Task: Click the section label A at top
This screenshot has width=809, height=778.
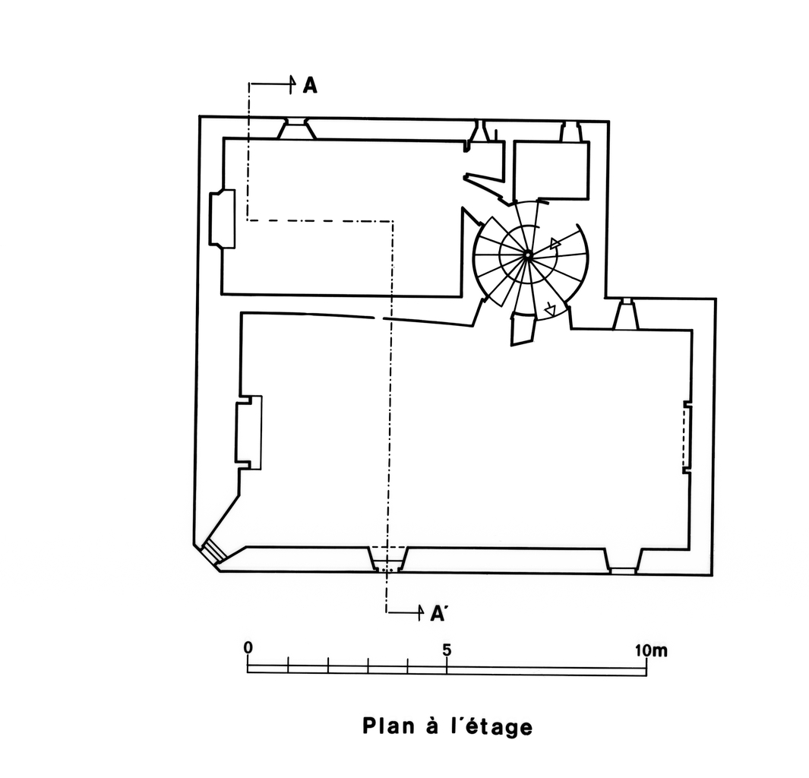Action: (x=310, y=86)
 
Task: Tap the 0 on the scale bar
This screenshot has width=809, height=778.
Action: (x=248, y=647)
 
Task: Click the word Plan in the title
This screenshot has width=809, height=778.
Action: (x=388, y=726)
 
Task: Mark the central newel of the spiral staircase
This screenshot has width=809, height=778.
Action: (x=526, y=254)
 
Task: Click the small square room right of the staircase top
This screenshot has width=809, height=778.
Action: (x=550, y=169)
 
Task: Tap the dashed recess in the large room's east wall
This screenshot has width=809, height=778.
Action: (x=687, y=437)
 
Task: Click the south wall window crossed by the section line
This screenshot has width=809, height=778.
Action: (x=387, y=561)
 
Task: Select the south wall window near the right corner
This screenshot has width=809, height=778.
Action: (x=623, y=562)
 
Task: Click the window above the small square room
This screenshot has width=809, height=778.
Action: (x=570, y=132)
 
